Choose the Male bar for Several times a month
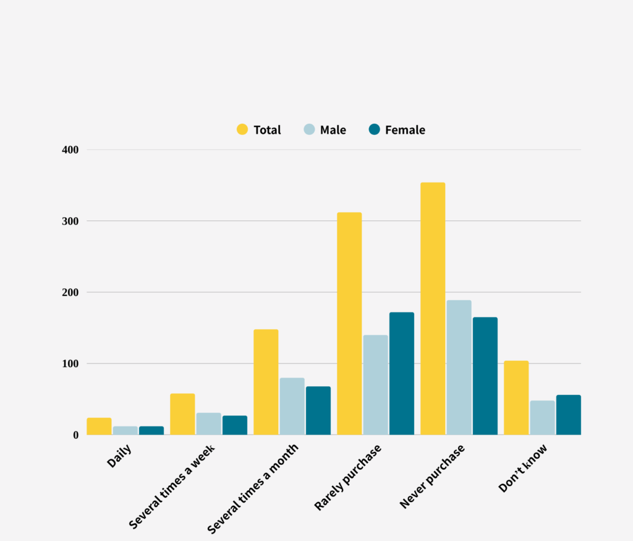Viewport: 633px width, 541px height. point(292,406)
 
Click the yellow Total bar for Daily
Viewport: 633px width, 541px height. point(99,426)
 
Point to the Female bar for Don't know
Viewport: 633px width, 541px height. point(568,415)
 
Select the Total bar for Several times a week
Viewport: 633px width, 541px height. point(182,414)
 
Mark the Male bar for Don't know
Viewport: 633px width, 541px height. point(542,417)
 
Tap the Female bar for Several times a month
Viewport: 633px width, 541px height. point(318,410)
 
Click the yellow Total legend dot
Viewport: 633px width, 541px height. point(242,129)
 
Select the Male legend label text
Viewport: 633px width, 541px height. point(333,130)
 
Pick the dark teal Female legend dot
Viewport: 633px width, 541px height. point(374,129)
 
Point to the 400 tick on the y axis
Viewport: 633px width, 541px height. point(70,150)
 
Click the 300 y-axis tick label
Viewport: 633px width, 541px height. point(70,221)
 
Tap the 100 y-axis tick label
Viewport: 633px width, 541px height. point(70,363)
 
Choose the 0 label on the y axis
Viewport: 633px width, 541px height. point(75,435)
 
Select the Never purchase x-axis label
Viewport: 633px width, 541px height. point(432,477)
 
